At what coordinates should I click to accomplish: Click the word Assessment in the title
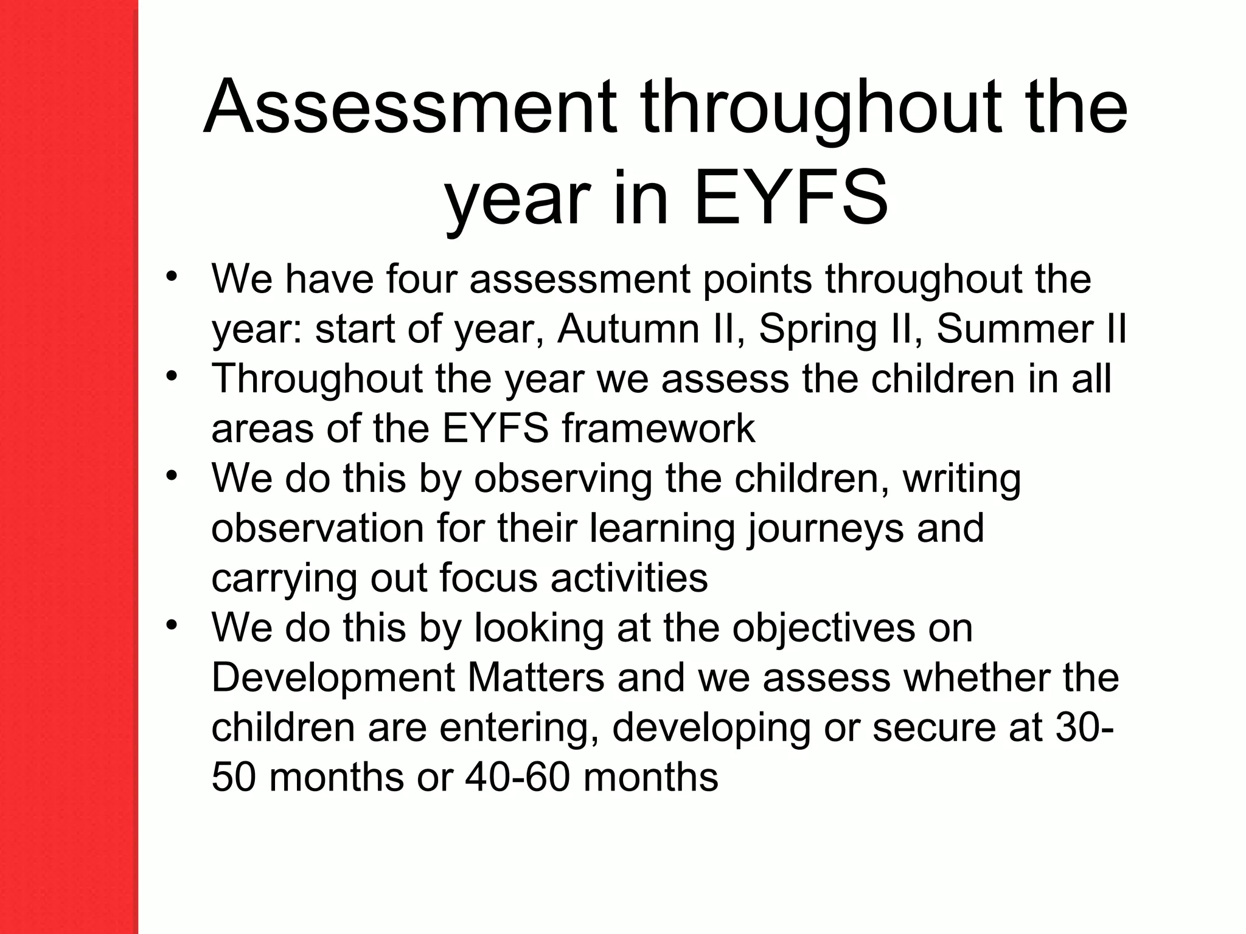[411, 107]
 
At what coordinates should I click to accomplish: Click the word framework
[658, 429]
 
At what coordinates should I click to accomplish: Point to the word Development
[333, 678]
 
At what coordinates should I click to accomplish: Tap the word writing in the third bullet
[961, 479]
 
